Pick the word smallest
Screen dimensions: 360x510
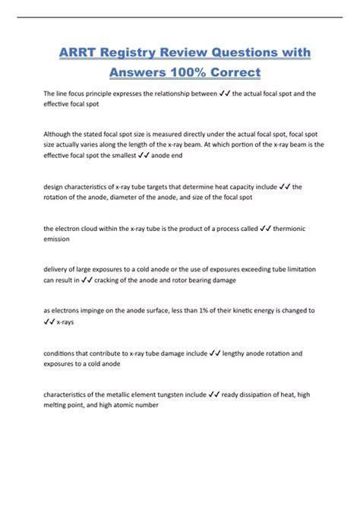(x=147, y=154)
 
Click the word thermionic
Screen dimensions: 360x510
(x=294, y=227)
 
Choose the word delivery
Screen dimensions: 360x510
(x=58, y=269)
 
